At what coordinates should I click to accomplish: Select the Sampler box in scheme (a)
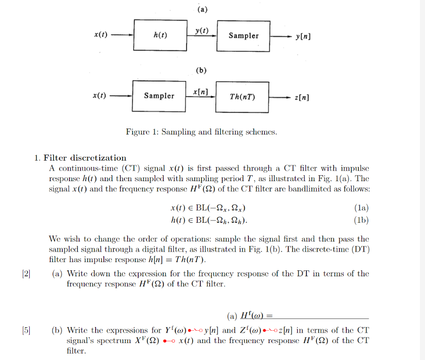pyautogui.click(x=243, y=36)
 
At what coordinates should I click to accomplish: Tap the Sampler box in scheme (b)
pyautogui.click(x=159, y=96)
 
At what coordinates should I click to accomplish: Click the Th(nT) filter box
pyautogui.click(x=242, y=97)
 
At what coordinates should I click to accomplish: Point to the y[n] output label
pyautogui.click(x=303, y=36)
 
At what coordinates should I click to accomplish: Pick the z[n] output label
pyautogui.click(x=302, y=97)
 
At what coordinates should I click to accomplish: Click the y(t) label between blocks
pyautogui.click(x=201, y=31)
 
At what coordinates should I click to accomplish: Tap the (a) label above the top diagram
pyautogui.click(x=201, y=9)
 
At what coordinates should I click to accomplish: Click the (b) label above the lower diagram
pyautogui.click(x=201, y=70)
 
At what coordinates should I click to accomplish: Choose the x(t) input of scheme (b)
pyautogui.click(x=100, y=96)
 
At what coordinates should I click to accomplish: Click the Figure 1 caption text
pyautogui.click(x=201, y=132)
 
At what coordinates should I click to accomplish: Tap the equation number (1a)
pyautogui.click(x=361, y=208)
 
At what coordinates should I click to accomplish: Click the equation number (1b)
pyautogui.click(x=361, y=220)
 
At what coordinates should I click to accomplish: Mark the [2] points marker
pyautogui.click(x=26, y=274)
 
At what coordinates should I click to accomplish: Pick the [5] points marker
pyautogui.click(x=26, y=330)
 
